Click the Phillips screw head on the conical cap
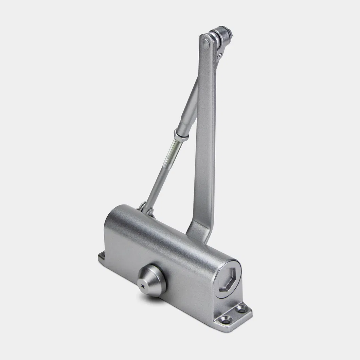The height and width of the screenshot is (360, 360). (143, 287)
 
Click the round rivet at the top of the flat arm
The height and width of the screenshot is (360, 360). (206, 43)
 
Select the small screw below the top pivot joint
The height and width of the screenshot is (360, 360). (220, 55)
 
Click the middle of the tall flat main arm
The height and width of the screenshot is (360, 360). (205, 136)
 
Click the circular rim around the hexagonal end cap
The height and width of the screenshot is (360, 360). (217, 272)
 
